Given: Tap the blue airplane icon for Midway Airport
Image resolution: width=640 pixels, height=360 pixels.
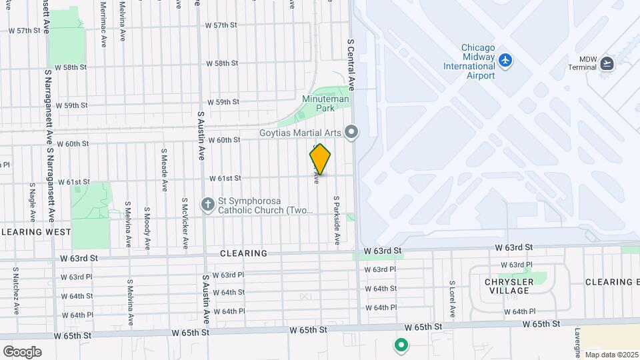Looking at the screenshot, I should pyautogui.click(x=506, y=61).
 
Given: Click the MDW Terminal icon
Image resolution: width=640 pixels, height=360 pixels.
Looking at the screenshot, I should pyautogui.click(x=607, y=63).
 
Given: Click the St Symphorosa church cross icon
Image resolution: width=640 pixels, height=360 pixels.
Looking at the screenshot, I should pyautogui.click(x=209, y=203).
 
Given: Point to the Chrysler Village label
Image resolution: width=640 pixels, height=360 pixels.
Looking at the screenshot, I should pyautogui.click(x=509, y=286).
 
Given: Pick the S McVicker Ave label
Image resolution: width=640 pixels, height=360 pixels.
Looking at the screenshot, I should pyautogui.click(x=185, y=223).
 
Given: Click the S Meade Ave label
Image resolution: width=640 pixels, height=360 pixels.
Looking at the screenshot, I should pyautogui.click(x=163, y=169).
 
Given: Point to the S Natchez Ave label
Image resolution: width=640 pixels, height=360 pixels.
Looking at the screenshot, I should pyautogui.click(x=15, y=291).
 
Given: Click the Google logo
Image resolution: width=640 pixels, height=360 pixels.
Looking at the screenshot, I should pyautogui.click(x=22, y=352).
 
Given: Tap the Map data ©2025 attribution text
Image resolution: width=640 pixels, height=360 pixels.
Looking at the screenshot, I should pyautogui.click(x=611, y=355).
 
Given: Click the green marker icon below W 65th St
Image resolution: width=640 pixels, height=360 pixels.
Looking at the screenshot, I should pyautogui.click(x=401, y=345).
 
